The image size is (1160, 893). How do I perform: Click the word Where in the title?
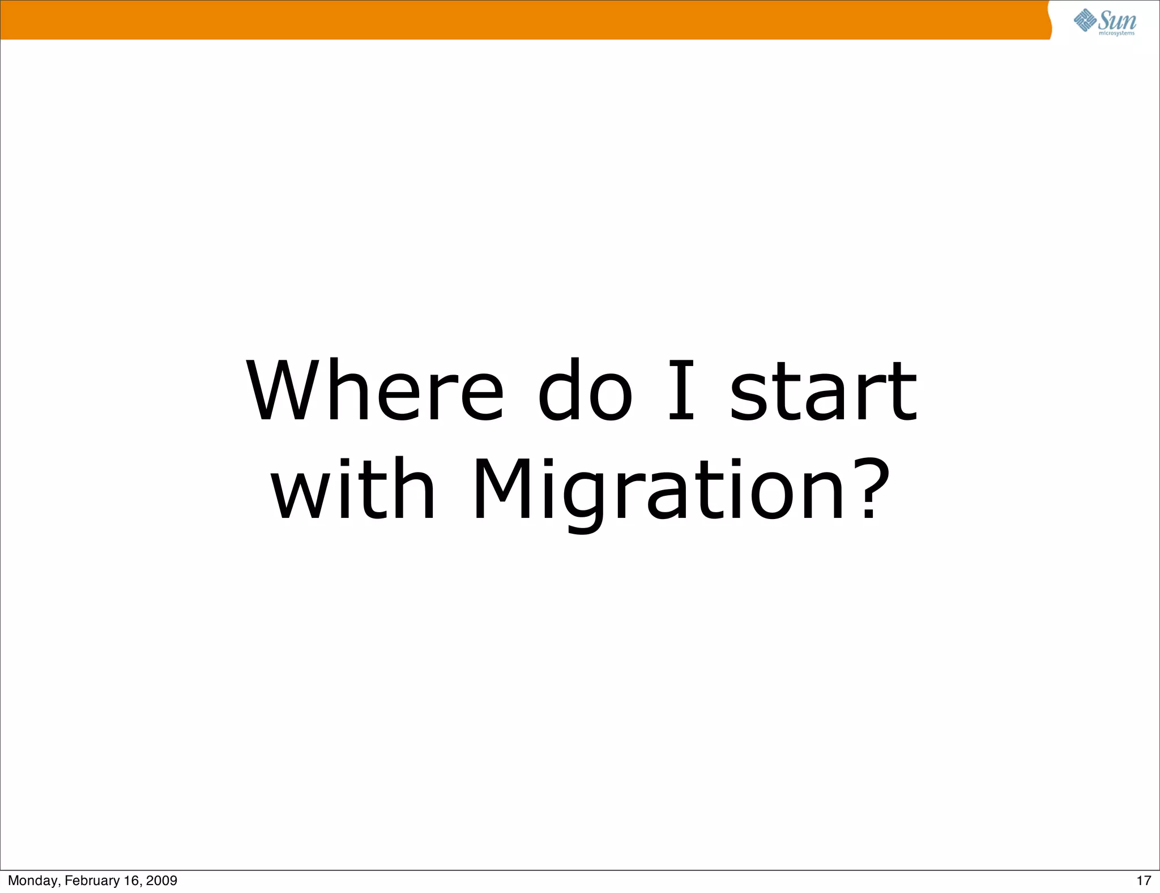click(x=374, y=391)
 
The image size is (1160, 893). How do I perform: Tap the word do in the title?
click(x=585, y=391)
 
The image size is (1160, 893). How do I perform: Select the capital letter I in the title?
click(x=681, y=391)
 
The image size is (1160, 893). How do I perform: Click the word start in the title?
click(x=822, y=391)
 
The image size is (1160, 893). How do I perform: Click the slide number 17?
click(x=1144, y=881)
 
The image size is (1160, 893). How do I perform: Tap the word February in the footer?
click(x=92, y=881)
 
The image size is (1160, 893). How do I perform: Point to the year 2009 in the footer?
click(x=161, y=881)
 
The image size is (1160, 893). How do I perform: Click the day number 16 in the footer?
click(x=131, y=881)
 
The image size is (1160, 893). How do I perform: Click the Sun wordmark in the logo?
click(x=1117, y=20)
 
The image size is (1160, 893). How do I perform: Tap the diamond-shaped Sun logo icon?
click(x=1085, y=20)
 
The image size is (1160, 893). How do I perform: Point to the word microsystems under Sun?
click(x=1116, y=33)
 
